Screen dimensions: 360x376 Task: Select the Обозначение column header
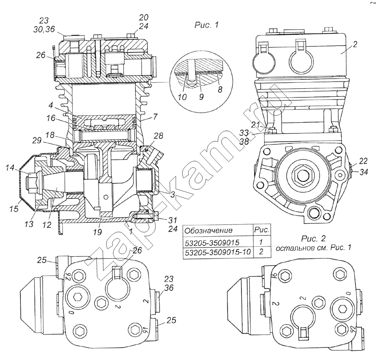pos(203,230)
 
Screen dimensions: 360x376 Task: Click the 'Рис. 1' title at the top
pos(206,25)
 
